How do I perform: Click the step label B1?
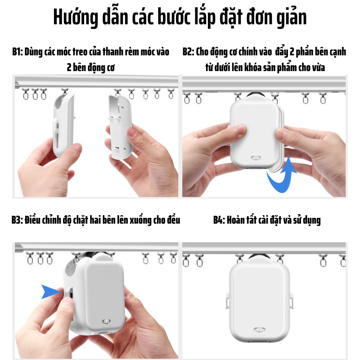pos(18,52)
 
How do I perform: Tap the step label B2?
pos(188,52)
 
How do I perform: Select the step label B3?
pos(17,220)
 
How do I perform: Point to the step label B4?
pos(219,220)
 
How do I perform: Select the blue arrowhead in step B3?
pos(50,292)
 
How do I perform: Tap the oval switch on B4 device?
pos(259,330)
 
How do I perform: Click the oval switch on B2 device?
pos(256,158)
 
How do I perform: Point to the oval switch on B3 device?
pos(106,321)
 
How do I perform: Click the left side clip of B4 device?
pos(228,301)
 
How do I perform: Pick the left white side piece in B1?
pos(63,125)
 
